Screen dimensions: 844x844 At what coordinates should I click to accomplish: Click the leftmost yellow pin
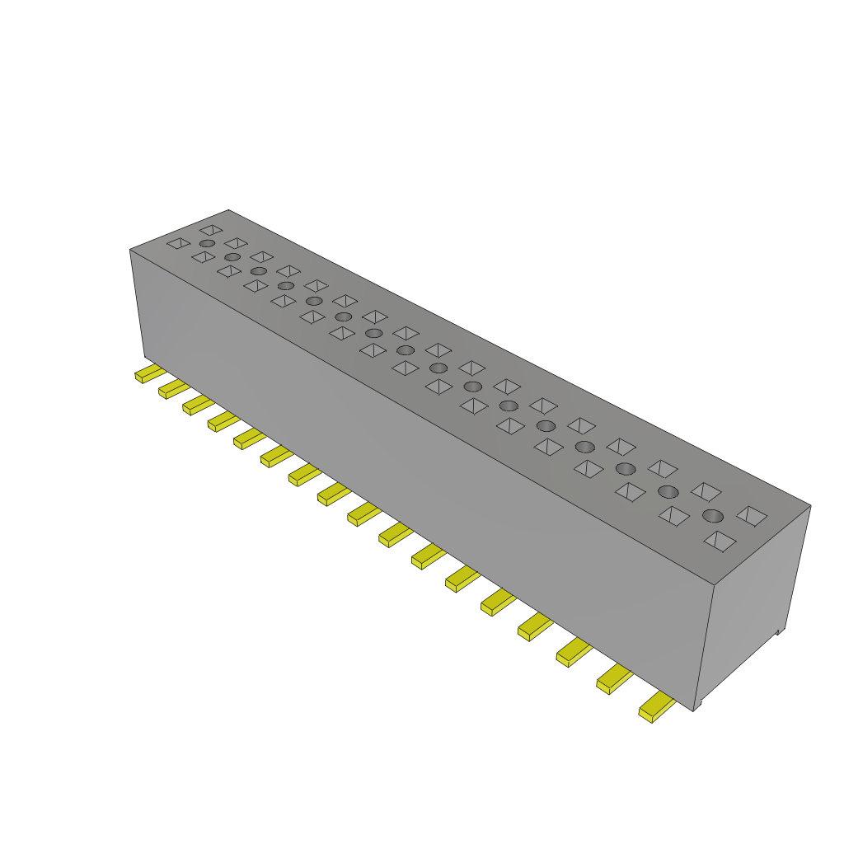point(148,373)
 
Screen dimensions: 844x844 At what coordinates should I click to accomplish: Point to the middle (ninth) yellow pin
point(362,514)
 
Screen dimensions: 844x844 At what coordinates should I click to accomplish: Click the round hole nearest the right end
point(713,516)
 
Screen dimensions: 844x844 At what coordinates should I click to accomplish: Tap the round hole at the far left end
point(207,244)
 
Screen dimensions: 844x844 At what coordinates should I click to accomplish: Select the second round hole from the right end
point(668,491)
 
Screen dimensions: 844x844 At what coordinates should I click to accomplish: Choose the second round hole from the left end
point(232,257)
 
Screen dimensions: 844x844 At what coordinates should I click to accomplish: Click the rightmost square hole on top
point(752,516)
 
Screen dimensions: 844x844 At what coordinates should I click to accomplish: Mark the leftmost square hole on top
point(178,243)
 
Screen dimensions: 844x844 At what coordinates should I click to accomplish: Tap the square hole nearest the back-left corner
point(211,230)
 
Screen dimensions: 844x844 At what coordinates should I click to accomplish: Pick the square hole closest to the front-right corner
point(720,541)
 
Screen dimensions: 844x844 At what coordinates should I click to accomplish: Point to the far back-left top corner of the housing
point(228,210)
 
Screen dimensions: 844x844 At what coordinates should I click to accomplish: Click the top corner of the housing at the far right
point(810,505)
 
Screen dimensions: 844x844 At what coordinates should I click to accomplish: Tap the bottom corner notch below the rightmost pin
point(697,706)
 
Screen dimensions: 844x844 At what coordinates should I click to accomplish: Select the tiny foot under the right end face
point(778,632)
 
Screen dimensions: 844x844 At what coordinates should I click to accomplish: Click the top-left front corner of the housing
point(130,250)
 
